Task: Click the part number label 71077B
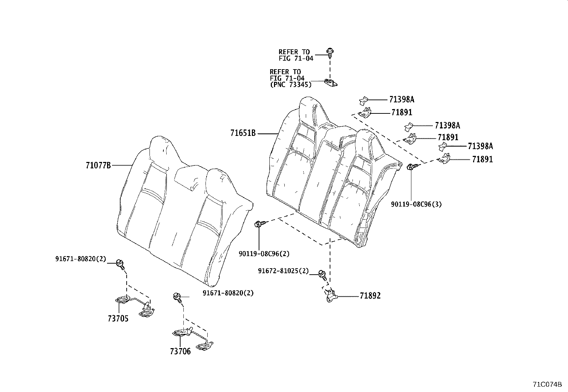98,165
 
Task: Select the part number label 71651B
243,133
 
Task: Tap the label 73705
118,319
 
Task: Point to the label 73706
180,352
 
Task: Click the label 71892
370,296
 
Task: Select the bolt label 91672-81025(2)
283,271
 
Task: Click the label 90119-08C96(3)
416,204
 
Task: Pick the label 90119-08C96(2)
264,254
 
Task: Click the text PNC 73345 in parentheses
290,85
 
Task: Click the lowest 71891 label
482,160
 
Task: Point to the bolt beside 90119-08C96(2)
259,224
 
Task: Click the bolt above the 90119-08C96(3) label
411,166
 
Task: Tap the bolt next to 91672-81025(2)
322,274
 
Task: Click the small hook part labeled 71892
331,296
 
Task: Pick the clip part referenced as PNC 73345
331,83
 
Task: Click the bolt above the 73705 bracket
120,264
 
